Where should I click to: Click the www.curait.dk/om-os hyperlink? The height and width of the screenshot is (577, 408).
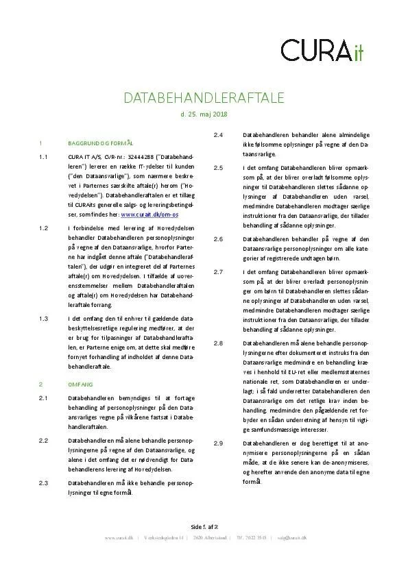coord(150,214)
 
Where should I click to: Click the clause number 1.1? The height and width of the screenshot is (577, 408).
coord(43,158)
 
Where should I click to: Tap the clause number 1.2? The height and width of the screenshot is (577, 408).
coord(43,228)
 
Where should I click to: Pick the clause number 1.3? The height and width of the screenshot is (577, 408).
coord(43,319)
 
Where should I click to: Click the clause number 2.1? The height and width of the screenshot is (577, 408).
coord(43,398)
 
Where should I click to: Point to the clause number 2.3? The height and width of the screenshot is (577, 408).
coord(43,483)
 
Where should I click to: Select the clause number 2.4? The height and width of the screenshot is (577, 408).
coord(218,135)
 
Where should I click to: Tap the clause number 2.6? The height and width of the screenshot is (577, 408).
coord(218,238)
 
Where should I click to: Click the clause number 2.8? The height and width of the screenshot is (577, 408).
coord(218,342)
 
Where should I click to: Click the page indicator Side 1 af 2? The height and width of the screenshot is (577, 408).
coord(204,526)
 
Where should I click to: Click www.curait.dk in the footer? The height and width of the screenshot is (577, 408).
coord(118,538)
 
